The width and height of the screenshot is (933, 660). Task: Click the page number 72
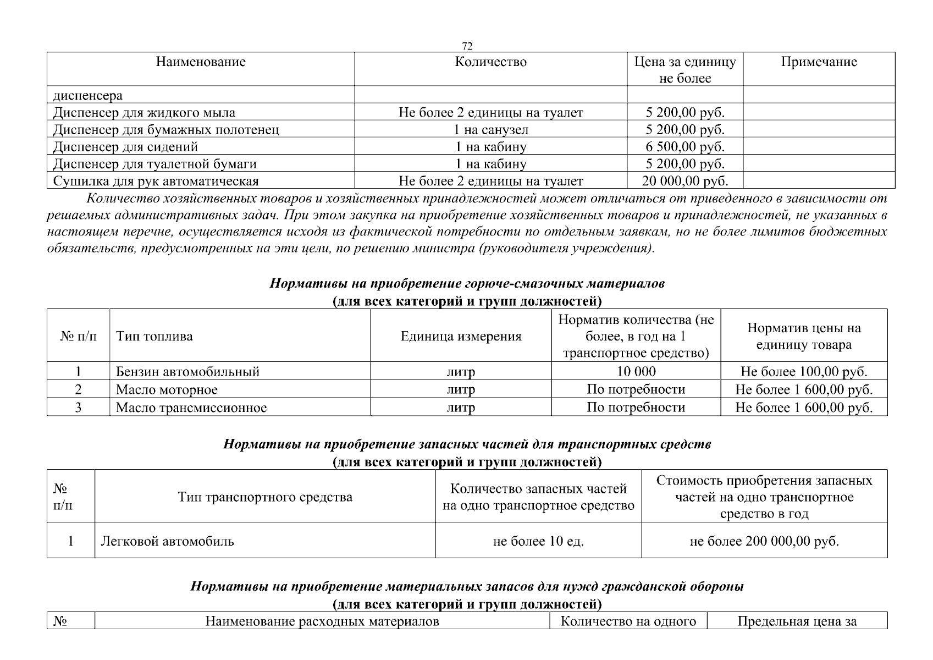(x=467, y=46)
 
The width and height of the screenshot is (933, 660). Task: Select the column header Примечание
(x=819, y=62)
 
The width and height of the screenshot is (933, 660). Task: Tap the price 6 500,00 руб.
(x=684, y=147)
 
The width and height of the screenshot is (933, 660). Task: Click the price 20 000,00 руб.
(x=684, y=181)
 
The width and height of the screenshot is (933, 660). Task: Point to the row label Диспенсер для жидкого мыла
(x=144, y=113)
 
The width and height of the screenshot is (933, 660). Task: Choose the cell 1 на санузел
(x=490, y=130)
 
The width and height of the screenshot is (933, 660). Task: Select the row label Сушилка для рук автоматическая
(x=156, y=181)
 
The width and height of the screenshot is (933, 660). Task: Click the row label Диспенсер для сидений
(x=125, y=147)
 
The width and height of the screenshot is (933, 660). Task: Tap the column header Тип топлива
(x=154, y=336)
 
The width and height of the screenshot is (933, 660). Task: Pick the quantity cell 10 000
(x=636, y=371)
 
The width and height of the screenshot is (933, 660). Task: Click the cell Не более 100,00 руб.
(x=804, y=371)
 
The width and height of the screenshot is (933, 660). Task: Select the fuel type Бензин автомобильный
(x=187, y=371)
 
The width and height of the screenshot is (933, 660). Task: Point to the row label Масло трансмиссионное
(x=191, y=408)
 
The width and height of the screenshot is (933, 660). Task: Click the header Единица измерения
(x=461, y=336)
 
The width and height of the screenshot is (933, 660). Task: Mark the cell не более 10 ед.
(x=538, y=541)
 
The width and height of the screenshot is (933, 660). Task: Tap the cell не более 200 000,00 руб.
(x=764, y=541)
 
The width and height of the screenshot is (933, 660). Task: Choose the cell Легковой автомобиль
(x=167, y=541)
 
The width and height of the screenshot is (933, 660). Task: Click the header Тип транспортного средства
(x=265, y=497)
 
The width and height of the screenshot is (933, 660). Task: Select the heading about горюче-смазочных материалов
(x=467, y=284)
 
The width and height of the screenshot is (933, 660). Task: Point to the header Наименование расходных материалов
(x=322, y=621)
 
